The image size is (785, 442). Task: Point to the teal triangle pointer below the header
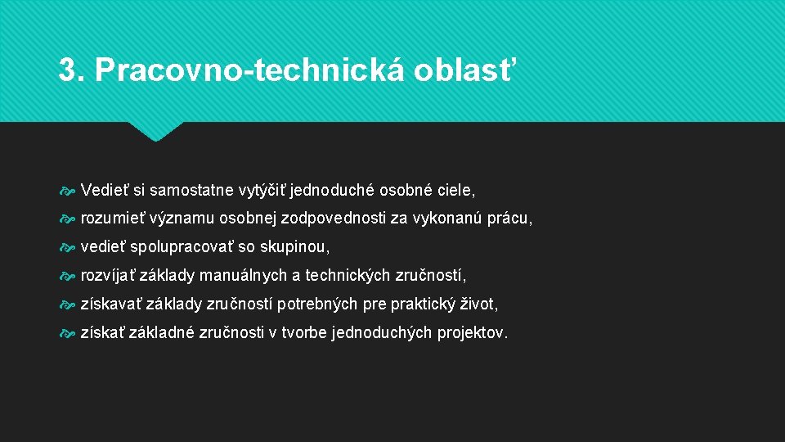[156, 131]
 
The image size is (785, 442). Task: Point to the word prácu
[509, 219]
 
